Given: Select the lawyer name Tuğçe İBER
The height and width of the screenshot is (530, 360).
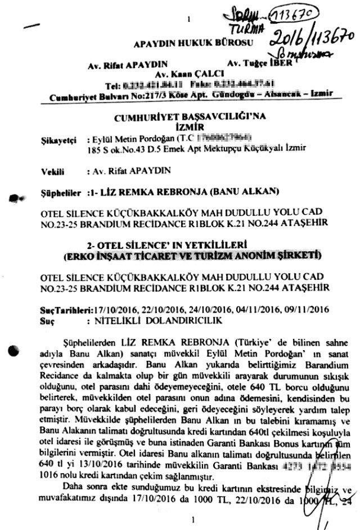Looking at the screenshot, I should coord(266,64).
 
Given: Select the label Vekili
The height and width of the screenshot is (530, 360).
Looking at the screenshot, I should coord(53,170).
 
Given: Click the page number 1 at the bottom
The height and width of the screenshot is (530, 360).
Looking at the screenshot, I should coord(192,520).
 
